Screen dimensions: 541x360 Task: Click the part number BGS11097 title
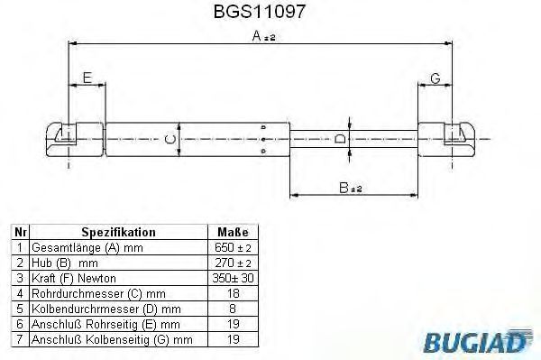coord(260,12)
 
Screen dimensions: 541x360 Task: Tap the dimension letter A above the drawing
coord(256,35)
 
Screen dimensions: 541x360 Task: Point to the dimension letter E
coord(87,78)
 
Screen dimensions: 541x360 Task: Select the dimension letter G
coord(436,78)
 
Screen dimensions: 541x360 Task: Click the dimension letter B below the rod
coord(344,188)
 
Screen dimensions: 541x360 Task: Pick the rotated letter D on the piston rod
coord(340,139)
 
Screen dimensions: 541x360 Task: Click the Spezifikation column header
coord(118,232)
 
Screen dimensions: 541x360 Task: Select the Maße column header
coord(233,232)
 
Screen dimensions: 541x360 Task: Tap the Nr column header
coord(21,232)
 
